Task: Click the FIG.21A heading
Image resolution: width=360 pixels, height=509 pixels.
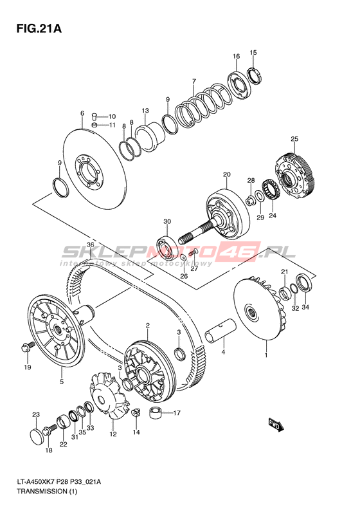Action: point(39,29)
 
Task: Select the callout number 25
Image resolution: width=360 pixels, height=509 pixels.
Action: point(294,139)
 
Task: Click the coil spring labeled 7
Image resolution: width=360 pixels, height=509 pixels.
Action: point(204,104)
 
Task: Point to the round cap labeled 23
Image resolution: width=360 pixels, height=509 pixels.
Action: point(37,434)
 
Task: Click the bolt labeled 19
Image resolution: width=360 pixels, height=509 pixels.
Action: point(27,347)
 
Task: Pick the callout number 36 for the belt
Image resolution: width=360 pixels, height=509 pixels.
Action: point(90,245)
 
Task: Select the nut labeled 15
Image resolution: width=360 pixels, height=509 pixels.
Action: point(255,76)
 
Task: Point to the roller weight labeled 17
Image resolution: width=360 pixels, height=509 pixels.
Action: point(156,414)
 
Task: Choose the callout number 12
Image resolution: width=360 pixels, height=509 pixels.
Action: point(113,434)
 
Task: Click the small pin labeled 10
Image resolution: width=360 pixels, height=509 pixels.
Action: point(94,116)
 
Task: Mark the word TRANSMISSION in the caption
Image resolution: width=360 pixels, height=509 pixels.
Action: point(42,491)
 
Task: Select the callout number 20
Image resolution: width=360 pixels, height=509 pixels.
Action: point(227,174)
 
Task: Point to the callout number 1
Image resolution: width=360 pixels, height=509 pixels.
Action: point(266,355)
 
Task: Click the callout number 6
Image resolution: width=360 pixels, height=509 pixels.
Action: point(82,113)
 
